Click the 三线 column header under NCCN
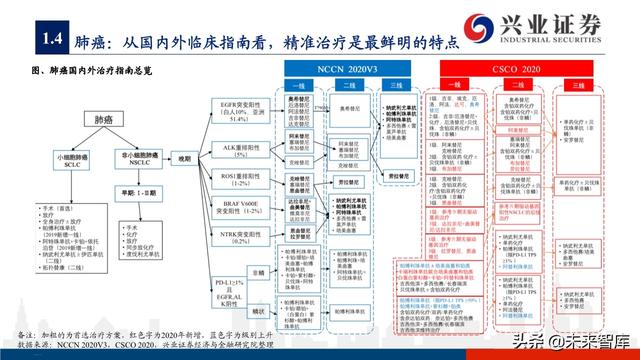(x=399, y=87)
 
